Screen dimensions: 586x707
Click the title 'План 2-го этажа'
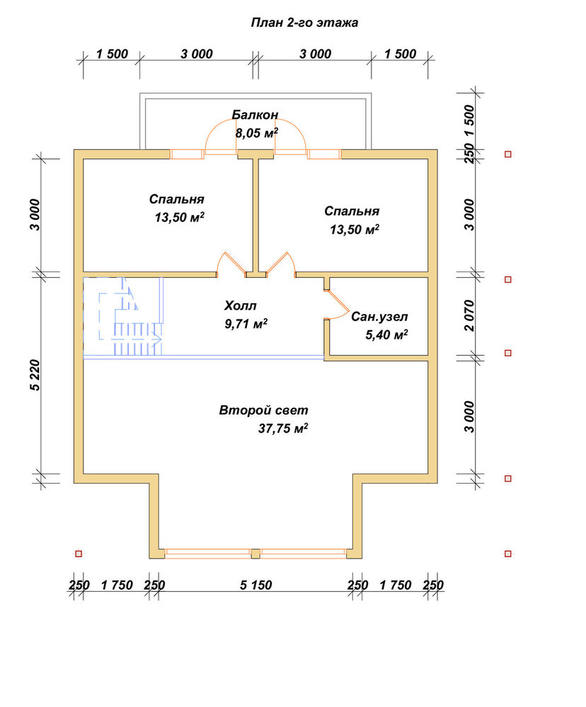coord(304,23)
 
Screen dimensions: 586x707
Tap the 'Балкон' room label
coord(255,115)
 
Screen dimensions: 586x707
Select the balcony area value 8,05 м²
coord(256,133)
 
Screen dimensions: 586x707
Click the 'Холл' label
coord(240,305)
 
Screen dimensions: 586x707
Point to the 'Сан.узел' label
coord(379,317)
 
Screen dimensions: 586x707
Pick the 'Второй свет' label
coord(264,410)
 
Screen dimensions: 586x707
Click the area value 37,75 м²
coord(283,428)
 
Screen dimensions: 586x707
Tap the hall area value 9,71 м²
coord(246,324)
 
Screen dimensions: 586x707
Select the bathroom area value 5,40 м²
coord(386,334)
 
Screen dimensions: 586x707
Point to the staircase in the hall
coord(131,317)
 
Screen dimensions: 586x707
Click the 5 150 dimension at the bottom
coord(255,585)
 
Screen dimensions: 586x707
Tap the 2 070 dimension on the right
coord(469,315)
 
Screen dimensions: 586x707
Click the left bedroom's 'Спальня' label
coord(176,199)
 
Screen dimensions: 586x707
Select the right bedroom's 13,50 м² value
coord(355,230)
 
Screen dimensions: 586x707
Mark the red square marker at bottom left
coord(79,554)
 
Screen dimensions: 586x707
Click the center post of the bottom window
coord(255,554)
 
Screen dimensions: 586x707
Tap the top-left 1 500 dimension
coord(112,54)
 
